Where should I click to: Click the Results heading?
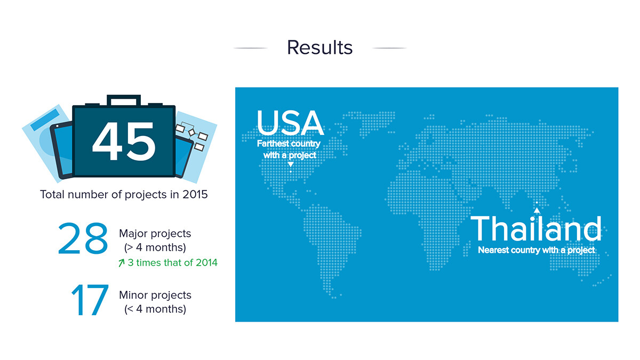pyautogui.click(x=319, y=47)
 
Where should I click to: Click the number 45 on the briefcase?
pyautogui.click(x=124, y=141)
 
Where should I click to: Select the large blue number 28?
pyautogui.click(x=83, y=238)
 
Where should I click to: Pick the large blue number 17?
pyautogui.click(x=90, y=300)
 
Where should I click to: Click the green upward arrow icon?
pyautogui.click(x=122, y=262)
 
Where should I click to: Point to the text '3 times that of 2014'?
pyautogui.click(x=173, y=262)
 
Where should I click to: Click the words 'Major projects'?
pyautogui.click(x=155, y=234)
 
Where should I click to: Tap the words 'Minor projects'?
pyautogui.click(x=155, y=295)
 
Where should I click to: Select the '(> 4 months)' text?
pyautogui.click(x=155, y=247)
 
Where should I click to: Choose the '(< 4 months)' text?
pyautogui.click(x=155, y=309)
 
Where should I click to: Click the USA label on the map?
pyautogui.click(x=290, y=123)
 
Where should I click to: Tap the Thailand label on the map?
pyautogui.click(x=536, y=229)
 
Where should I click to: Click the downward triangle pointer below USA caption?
pyautogui.click(x=291, y=165)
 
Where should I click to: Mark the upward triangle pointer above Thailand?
pyautogui.click(x=537, y=210)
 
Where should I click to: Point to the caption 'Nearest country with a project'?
pyautogui.click(x=537, y=250)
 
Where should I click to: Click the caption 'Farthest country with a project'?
pyautogui.click(x=289, y=149)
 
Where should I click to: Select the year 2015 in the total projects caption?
pyautogui.click(x=195, y=195)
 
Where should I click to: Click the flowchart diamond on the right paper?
pyautogui.click(x=191, y=132)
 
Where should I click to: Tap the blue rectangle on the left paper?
pyautogui.click(x=45, y=120)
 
